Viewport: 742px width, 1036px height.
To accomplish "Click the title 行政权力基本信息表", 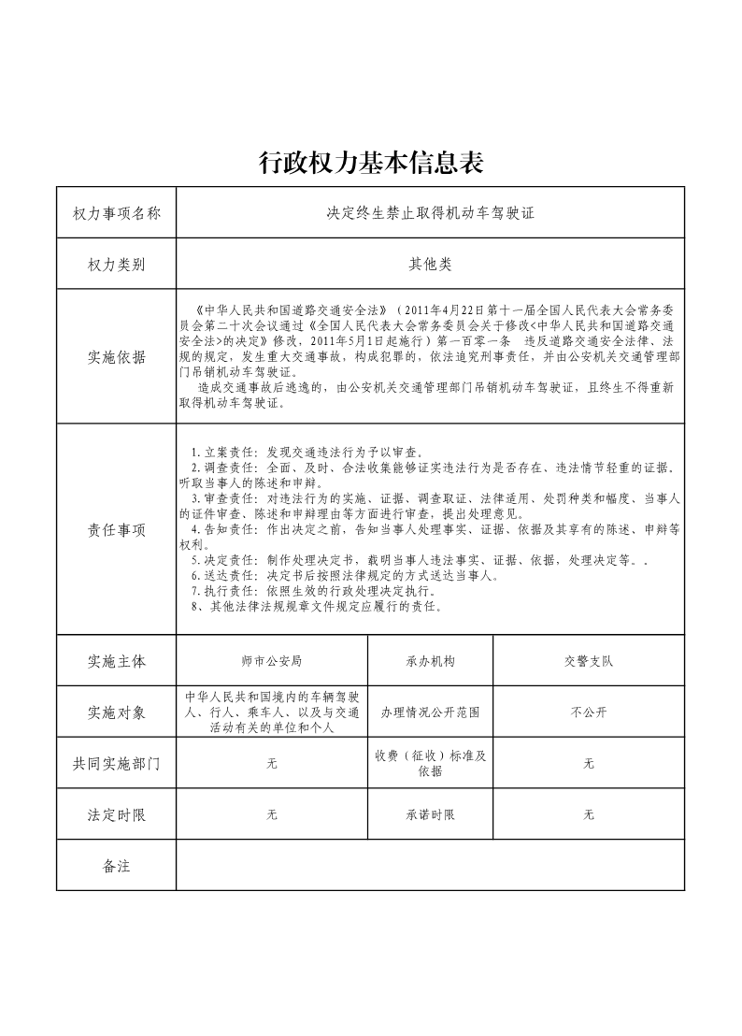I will pos(371,164).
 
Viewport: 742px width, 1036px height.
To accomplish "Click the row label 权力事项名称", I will pos(116,213).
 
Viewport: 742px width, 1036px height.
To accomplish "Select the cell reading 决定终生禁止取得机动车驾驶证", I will pos(430,213).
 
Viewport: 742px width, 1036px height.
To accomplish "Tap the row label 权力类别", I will pos(116,265).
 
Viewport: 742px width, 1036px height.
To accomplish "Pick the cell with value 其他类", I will pos(430,265).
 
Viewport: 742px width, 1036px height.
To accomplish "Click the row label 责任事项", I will pos(116,530).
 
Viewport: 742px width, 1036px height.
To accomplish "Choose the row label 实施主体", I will pos(116,661).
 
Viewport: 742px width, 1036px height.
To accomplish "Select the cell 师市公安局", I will pos(271,661).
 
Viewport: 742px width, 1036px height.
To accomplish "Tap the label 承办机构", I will pos(430,661).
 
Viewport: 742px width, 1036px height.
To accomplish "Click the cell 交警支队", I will pos(588,661).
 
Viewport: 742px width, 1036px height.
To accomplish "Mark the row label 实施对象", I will pos(116,712).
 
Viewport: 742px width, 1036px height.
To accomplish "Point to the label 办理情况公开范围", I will pos(430,712).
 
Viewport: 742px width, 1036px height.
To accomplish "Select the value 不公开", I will pos(588,712).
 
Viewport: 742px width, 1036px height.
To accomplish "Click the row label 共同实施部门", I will pos(116,764).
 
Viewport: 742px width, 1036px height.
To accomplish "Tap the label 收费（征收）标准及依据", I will pos(430,764).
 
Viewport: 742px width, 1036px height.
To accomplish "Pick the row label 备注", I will pos(116,867).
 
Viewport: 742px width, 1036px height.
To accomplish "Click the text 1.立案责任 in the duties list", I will pos(220,452).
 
